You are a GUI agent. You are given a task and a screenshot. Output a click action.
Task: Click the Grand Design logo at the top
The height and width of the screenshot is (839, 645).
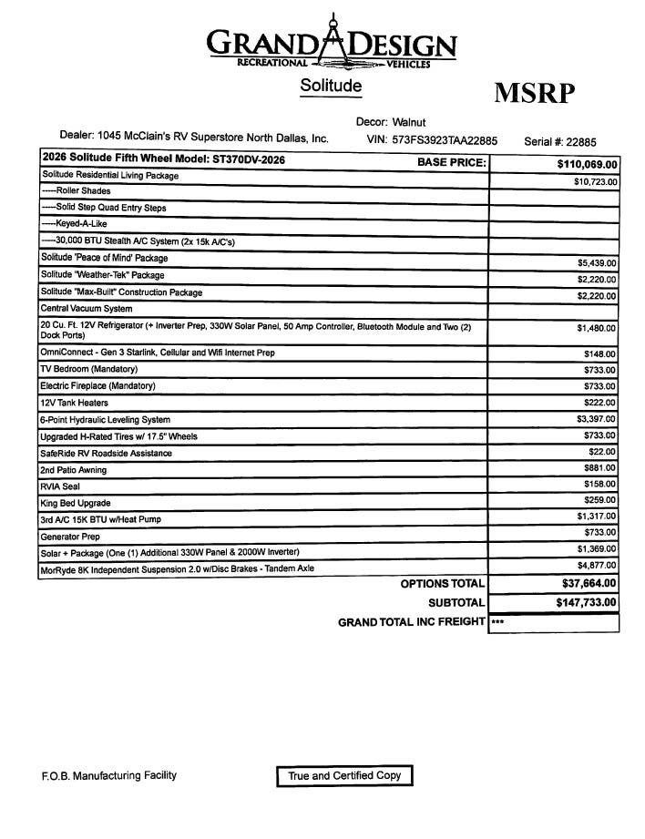pos(331,42)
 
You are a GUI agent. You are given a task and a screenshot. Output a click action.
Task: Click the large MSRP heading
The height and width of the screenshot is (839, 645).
pos(536,93)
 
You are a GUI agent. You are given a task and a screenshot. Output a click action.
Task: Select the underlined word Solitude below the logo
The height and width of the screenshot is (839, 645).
pos(331,86)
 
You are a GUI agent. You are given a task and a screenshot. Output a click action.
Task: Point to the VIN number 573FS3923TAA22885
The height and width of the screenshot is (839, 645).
pos(445,140)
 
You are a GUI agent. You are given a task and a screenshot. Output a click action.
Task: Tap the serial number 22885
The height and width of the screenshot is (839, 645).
pos(581,141)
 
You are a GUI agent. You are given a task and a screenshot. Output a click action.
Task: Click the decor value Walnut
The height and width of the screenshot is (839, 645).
pos(409,122)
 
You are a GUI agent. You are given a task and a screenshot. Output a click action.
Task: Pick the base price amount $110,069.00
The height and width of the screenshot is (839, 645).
pos(587,164)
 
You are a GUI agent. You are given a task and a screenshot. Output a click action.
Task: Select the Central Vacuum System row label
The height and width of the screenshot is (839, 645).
pos(87,310)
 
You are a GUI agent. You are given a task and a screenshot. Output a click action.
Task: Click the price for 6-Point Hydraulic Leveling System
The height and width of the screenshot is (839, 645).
pos(598,419)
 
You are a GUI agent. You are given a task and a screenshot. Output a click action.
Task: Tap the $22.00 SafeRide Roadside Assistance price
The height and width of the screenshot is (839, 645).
pos(602,453)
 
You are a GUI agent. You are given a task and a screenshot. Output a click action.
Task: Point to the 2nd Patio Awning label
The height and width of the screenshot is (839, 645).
pos(73,470)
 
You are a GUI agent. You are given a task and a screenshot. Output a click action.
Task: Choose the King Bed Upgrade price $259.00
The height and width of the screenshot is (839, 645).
pos(600,501)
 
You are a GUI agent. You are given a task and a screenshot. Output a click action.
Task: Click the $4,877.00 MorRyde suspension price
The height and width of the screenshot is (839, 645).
pos(598,565)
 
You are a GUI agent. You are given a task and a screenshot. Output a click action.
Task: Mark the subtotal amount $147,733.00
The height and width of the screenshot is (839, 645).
pos(586,602)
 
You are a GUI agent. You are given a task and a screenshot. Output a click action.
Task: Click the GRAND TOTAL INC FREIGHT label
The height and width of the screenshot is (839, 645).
pos(411,623)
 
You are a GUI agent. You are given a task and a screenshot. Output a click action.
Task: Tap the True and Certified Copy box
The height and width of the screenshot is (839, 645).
pos(344,776)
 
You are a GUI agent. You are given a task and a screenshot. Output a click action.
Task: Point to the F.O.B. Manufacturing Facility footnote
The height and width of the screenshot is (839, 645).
pos(109,776)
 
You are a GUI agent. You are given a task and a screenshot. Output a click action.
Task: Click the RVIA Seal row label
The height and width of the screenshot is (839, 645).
pos(61,486)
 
